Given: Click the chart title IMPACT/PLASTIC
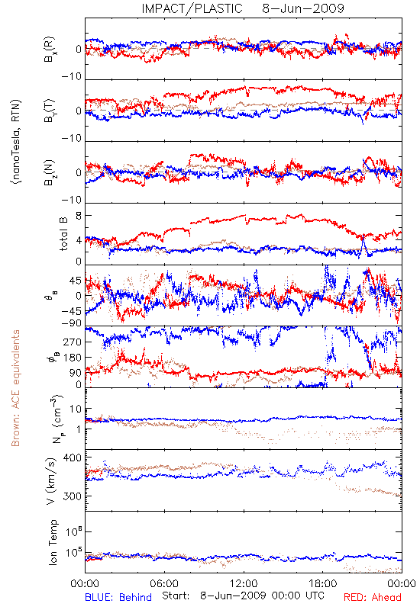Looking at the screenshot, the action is (192, 8).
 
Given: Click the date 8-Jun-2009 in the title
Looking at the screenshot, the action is (303, 8).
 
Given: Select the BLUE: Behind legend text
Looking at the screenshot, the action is (118, 597).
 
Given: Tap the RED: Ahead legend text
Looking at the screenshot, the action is (372, 597).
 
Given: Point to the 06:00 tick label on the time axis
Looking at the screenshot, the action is (164, 583).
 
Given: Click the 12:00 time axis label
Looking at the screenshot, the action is (244, 583).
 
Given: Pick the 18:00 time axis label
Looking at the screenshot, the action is (323, 583).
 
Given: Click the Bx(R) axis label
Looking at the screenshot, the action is (49, 49).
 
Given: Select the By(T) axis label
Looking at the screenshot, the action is (49, 111).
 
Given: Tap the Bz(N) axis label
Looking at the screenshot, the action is (49, 172).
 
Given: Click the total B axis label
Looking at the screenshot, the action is (63, 234).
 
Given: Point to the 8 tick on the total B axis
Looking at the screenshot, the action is (79, 216).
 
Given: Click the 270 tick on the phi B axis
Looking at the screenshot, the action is (73, 342).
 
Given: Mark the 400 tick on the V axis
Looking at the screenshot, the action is (73, 457).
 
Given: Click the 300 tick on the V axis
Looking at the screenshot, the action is (73, 496).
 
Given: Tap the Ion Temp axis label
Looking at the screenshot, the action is (53, 542).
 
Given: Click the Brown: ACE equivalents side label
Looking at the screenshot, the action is (15, 388).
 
